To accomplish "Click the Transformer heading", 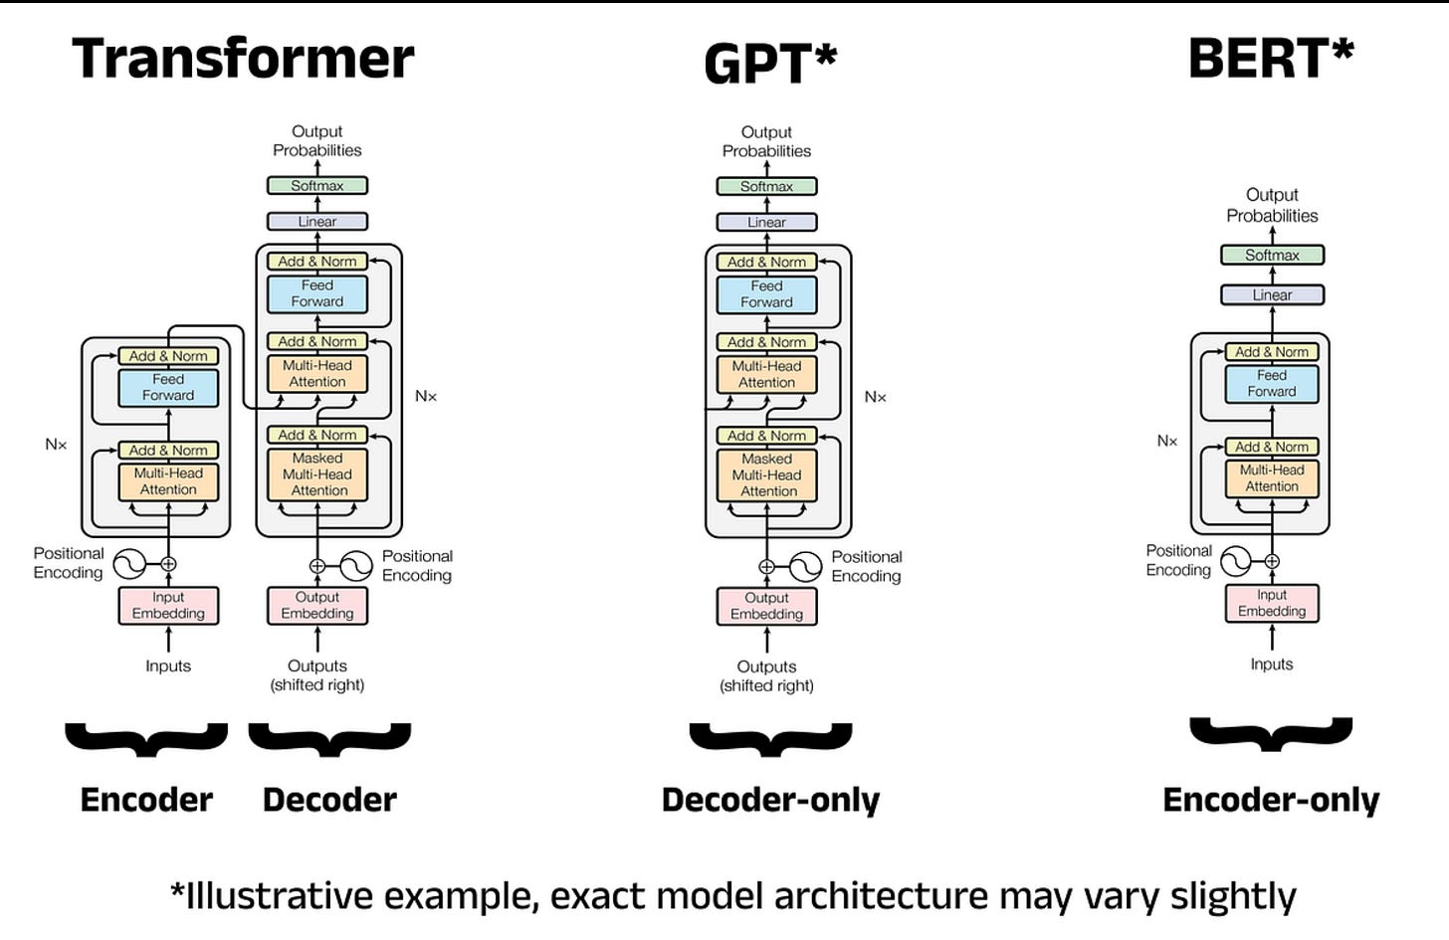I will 243,58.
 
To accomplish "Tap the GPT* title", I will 770,64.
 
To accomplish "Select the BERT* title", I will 1271,58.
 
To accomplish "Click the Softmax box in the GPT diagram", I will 766,186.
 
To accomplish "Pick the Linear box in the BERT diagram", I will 1272,294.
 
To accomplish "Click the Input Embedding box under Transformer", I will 168,605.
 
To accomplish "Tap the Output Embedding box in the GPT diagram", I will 766,606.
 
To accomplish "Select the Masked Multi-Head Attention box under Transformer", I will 317,474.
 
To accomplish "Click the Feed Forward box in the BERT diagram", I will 1272,384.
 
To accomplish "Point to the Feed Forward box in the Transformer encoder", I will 168,387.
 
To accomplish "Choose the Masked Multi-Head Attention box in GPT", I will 766,475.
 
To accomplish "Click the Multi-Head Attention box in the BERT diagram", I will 1272,478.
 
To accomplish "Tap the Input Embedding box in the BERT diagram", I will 1272,603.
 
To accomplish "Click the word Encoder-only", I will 1271,800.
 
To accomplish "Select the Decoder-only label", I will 770,800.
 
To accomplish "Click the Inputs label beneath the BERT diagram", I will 1272,664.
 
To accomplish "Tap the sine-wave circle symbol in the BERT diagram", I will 1235,561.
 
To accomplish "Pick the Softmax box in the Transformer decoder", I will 317,185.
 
